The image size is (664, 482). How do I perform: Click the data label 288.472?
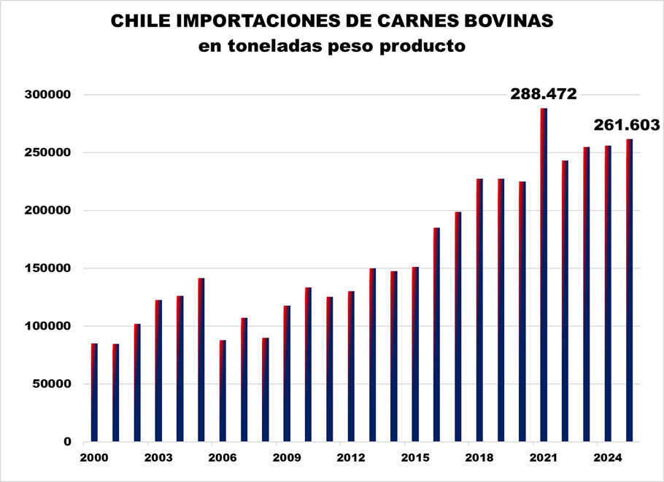(x=544, y=94)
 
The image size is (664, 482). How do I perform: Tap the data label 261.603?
(x=627, y=125)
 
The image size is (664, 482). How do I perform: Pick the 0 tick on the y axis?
(x=67, y=441)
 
